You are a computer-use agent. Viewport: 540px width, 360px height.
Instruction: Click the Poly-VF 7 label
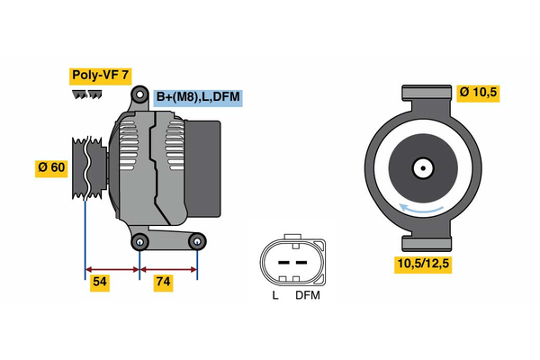click(x=102, y=76)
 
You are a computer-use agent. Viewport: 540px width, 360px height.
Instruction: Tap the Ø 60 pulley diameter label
click(x=52, y=168)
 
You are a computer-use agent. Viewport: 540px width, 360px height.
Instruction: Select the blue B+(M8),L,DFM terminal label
click(x=197, y=97)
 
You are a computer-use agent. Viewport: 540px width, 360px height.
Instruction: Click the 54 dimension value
click(x=101, y=283)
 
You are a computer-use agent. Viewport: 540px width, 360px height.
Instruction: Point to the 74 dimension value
click(x=163, y=283)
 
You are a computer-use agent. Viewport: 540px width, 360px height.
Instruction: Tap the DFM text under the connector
click(x=307, y=295)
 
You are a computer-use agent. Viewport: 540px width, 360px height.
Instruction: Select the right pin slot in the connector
click(x=301, y=262)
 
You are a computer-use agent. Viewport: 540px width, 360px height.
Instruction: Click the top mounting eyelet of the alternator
click(x=140, y=95)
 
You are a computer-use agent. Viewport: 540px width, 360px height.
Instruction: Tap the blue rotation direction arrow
click(x=423, y=209)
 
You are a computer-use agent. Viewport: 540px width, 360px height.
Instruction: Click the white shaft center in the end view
click(x=421, y=167)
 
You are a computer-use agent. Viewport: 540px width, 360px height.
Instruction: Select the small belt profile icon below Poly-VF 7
click(x=87, y=94)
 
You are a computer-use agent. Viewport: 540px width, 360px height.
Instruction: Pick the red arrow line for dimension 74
click(x=168, y=268)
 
